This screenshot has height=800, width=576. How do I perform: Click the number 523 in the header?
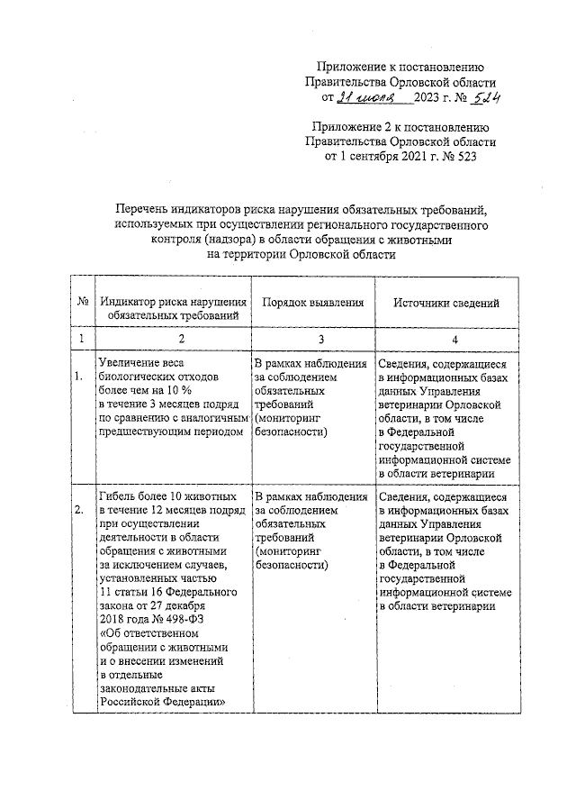click(x=469, y=155)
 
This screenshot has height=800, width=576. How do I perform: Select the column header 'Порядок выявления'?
click(x=313, y=305)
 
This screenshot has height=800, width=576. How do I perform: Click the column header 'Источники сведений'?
click(x=445, y=305)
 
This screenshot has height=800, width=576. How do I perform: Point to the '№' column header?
click(x=82, y=305)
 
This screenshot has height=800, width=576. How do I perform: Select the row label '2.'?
click(x=81, y=511)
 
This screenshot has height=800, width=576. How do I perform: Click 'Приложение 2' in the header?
click(x=352, y=126)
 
